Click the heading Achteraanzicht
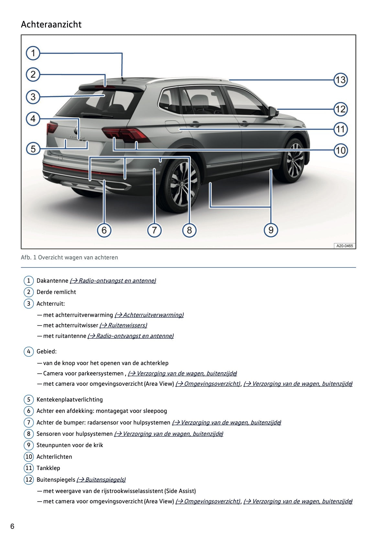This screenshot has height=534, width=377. (x=51, y=25)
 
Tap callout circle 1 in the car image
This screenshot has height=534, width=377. (x=33, y=53)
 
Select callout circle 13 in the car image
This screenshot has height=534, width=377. (x=340, y=80)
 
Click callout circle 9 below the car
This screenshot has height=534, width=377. (x=271, y=230)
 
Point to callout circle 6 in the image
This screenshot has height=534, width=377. (x=104, y=230)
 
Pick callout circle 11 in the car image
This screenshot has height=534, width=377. (x=340, y=130)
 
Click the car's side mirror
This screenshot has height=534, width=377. (x=273, y=112)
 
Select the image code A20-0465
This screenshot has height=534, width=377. (x=344, y=246)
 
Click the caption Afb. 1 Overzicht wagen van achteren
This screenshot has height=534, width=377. (x=69, y=257)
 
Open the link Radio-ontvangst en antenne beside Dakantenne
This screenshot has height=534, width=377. (x=113, y=281)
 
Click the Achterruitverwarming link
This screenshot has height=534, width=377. (x=149, y=315)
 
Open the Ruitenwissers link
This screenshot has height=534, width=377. (x=123, y=325)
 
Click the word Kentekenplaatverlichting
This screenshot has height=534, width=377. (x=70, y=400)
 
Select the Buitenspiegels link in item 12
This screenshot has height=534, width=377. (x=101, y=480)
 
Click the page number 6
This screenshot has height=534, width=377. (x=12, y=526)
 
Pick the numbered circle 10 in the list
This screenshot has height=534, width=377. (x=29, y=457)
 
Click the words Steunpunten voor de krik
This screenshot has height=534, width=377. (x=70, y=445)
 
